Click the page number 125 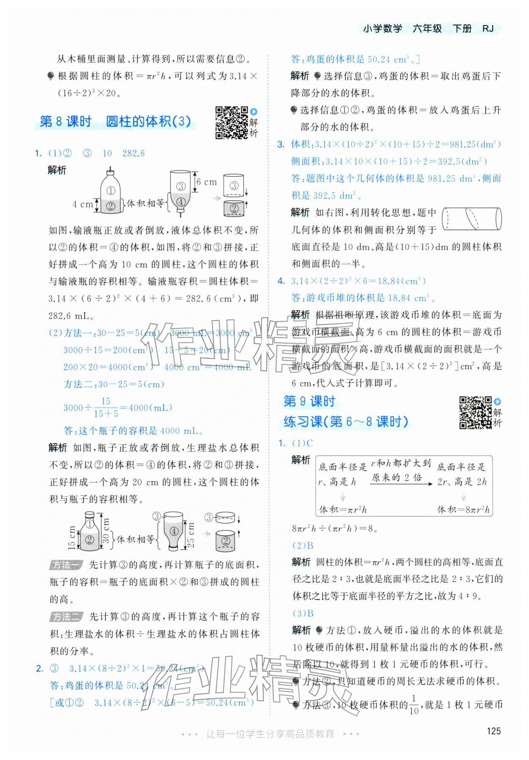pos(494,731)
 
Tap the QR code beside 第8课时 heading pos(231,123)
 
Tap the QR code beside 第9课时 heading pos(475,413)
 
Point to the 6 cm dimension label pos(206,182)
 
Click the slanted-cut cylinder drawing pos(471,219)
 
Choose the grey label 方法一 pos(66,565)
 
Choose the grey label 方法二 pos(66,617)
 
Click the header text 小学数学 pos(382,29)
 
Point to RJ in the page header pos(488,29)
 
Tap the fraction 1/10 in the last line pos(414,705)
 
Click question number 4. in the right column pos(281,281)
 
